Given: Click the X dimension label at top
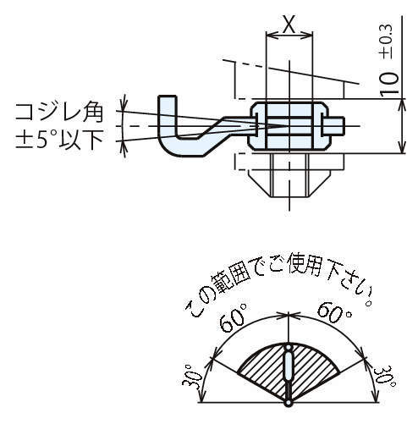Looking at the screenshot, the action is pos(289,24).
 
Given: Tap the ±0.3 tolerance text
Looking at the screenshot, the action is pos(388,42).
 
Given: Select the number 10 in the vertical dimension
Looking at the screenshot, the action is pos(389,84).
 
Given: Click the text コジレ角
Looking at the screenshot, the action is pos(58,113).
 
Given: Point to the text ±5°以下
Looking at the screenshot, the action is pos(59,140).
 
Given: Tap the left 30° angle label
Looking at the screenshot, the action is pos(192,376).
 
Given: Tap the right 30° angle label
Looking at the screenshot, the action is pos(384,377).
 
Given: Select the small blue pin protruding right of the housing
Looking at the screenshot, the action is pos(333,126).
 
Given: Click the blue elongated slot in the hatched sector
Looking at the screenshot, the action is pos(289,366).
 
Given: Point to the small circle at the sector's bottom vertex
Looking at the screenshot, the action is pos(289,403).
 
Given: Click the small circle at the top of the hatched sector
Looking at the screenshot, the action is pos(289,347).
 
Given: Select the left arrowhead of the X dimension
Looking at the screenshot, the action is pos(270,36).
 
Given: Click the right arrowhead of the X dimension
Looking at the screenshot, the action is pos(308,36).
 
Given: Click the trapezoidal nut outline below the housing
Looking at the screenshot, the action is pos(289,183).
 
